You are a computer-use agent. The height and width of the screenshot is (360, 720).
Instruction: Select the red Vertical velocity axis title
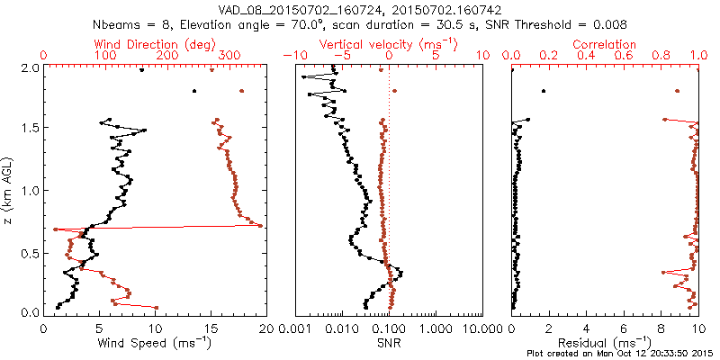(x=389, y=43)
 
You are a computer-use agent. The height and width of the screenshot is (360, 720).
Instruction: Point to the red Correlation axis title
(x=605, y=43)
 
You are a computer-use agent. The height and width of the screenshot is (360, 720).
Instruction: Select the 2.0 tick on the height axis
(x=29, y=67)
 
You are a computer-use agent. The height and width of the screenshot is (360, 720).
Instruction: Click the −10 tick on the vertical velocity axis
(x=292, y=56)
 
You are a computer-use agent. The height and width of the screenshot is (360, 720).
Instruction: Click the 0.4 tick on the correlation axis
(x=586, y=56)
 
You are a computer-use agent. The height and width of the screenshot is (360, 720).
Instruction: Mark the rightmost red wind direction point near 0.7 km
(x=260, y=225)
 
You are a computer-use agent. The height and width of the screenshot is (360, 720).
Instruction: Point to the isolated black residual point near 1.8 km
(x=543, y=91)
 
